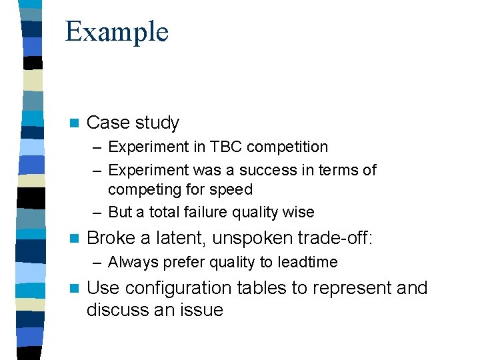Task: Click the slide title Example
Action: [x=117, y=32]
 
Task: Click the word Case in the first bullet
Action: [x=107, y=123]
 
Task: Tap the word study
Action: [x=157, y=123]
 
